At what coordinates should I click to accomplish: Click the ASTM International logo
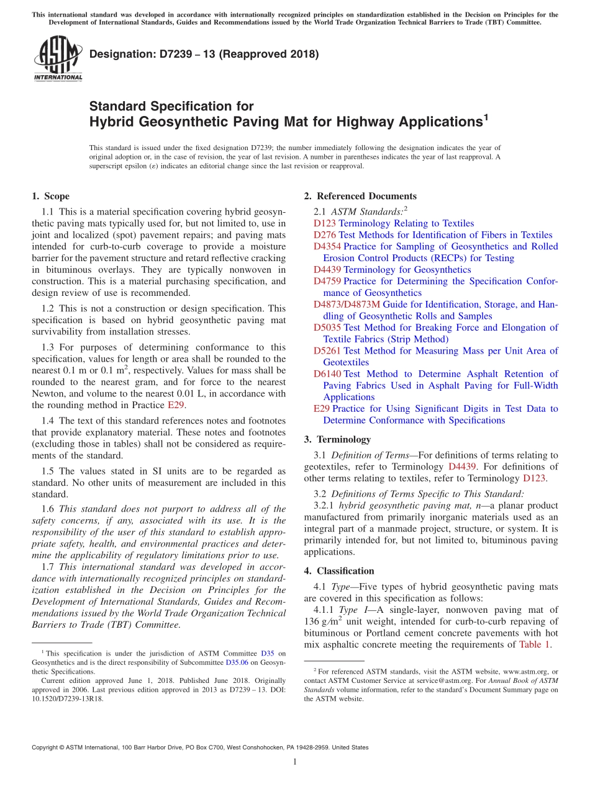coord(57,59)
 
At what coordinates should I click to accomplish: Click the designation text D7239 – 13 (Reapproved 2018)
coord(204,54)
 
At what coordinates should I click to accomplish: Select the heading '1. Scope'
coord(50,196)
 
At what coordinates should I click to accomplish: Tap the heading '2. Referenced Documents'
coord(360,196)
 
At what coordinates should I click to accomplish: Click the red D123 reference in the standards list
coord(325,223)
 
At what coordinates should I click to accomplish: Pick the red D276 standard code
coord(325,235)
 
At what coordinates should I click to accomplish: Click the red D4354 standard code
coord(327,246)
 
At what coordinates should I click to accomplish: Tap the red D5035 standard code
coord(327,328)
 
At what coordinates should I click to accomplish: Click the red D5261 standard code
coord(327,351)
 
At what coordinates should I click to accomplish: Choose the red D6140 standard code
coord(327,374)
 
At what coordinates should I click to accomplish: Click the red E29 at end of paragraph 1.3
coord(176,405)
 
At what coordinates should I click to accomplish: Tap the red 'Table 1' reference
coord(535,644)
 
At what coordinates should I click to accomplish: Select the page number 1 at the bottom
coord(294,762)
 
